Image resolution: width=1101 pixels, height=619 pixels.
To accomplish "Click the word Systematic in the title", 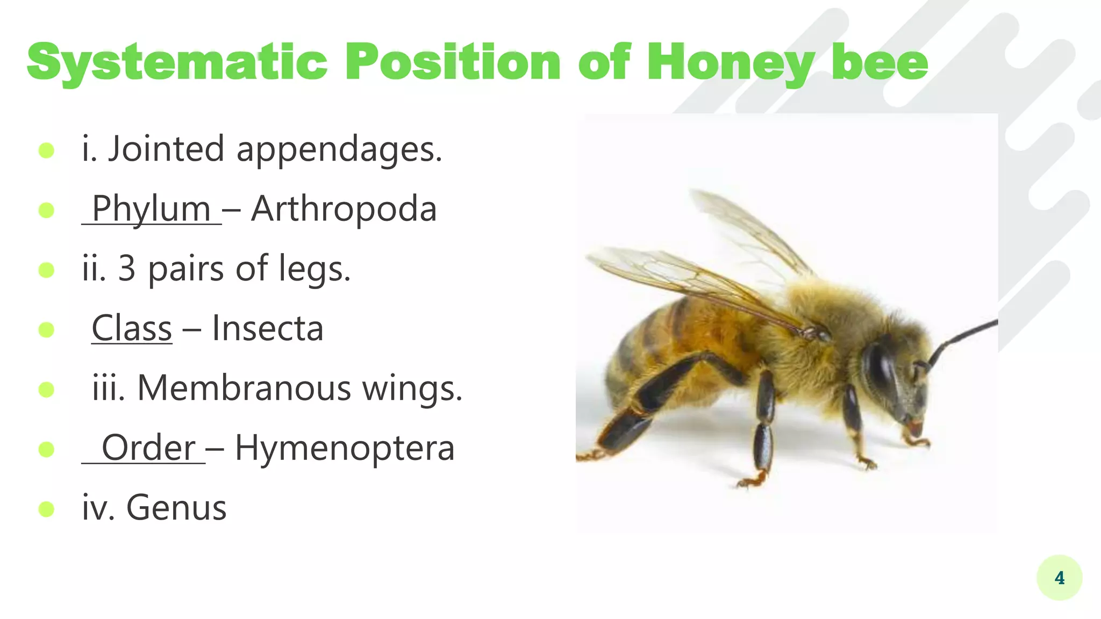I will [x=177, y=63].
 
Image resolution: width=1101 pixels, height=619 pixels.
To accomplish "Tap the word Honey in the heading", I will [x=731, y=63].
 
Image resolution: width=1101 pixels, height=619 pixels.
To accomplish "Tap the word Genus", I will [x=176, y=507].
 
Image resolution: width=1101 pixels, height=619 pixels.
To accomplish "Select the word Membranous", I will [x=244, y=387].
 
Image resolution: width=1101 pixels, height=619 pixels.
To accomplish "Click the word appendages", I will [x=339, y=149].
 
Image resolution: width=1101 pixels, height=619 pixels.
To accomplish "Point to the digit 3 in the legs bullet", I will [x=126, y=268].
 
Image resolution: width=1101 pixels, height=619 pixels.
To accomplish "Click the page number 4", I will [x=1059, y=578].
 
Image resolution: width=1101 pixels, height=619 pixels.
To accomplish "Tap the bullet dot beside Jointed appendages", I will [x=47, y=150].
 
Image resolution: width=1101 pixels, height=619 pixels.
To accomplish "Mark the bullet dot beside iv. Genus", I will [x=47, y=508].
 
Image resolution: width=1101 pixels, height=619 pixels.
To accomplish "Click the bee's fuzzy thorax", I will [x=828, y=312].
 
